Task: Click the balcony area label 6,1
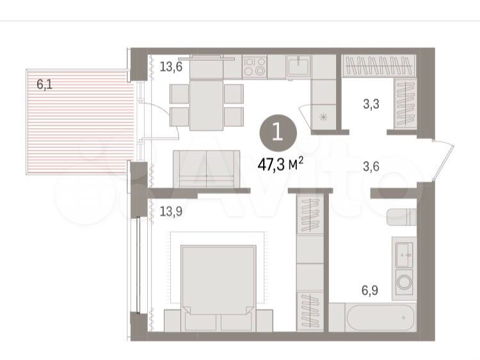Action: coord(44,84)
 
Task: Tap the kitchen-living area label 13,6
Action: coord(171,66)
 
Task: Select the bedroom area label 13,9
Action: coord(171,211)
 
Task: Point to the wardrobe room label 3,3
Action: coord(371,104)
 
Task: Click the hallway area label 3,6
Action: coord(371,167)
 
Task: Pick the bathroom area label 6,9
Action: coord(370,290)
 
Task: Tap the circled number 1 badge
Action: coord(278,133)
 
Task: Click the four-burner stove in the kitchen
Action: coord(254,67)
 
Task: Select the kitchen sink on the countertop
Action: coord(298,65)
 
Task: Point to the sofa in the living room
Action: coord(206,168)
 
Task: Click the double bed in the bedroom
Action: coord(219,281)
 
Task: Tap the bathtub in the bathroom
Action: coord(381,318)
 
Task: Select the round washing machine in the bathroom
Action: coord(404,282)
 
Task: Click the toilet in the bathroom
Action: coord(402,217)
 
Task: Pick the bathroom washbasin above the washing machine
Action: coord(404,254)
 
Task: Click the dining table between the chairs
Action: coord(206,104)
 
